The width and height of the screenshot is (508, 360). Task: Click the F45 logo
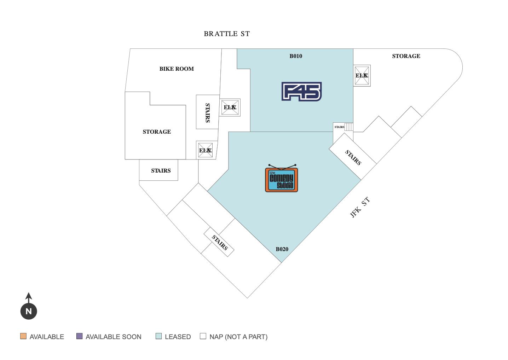coord(301,92)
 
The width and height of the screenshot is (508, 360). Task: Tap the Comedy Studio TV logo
coord(282,179)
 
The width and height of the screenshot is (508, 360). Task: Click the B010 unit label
coord(296,56)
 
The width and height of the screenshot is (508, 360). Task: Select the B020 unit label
coord(282,249)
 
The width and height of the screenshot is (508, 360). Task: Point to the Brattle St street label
coord(227,34)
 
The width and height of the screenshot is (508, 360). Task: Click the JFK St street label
coord(360,207)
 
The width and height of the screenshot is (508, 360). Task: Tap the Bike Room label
coord(177,69)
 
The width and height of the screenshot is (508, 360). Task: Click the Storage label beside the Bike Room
coord(157,132)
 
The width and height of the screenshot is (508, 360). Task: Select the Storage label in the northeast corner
coord(406,56)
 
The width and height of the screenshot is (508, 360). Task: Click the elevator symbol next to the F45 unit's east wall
coord(362,76)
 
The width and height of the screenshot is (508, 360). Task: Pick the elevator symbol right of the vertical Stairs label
coord(230,108)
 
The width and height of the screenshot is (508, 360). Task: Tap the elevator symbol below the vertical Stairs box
coord(205,150)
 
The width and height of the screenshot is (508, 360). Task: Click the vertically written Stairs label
coord(208,112)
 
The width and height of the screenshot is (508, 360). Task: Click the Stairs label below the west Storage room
coord(161,170)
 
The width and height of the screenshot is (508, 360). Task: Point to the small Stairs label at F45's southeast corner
coord(339,127)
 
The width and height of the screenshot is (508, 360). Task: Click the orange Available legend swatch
coord(23,336)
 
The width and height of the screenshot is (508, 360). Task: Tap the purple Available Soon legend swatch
coord(80,336)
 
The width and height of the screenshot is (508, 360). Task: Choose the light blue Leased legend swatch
coord(158,336)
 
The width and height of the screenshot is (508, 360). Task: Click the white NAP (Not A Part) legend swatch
coord(203,336)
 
